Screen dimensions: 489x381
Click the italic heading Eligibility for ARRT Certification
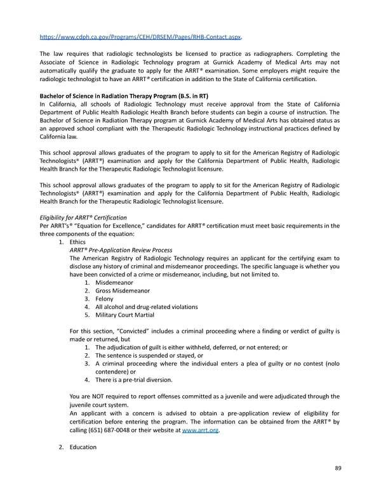[x=83, y=218]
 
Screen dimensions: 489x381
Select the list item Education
[x=83, y=447]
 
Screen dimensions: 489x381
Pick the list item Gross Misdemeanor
[x=123, y=290]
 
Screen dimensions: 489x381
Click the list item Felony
[x=104, y=299]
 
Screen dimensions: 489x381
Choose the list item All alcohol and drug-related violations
[x=145, y=307]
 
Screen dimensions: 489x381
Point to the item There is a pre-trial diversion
[x=133, y=380]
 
